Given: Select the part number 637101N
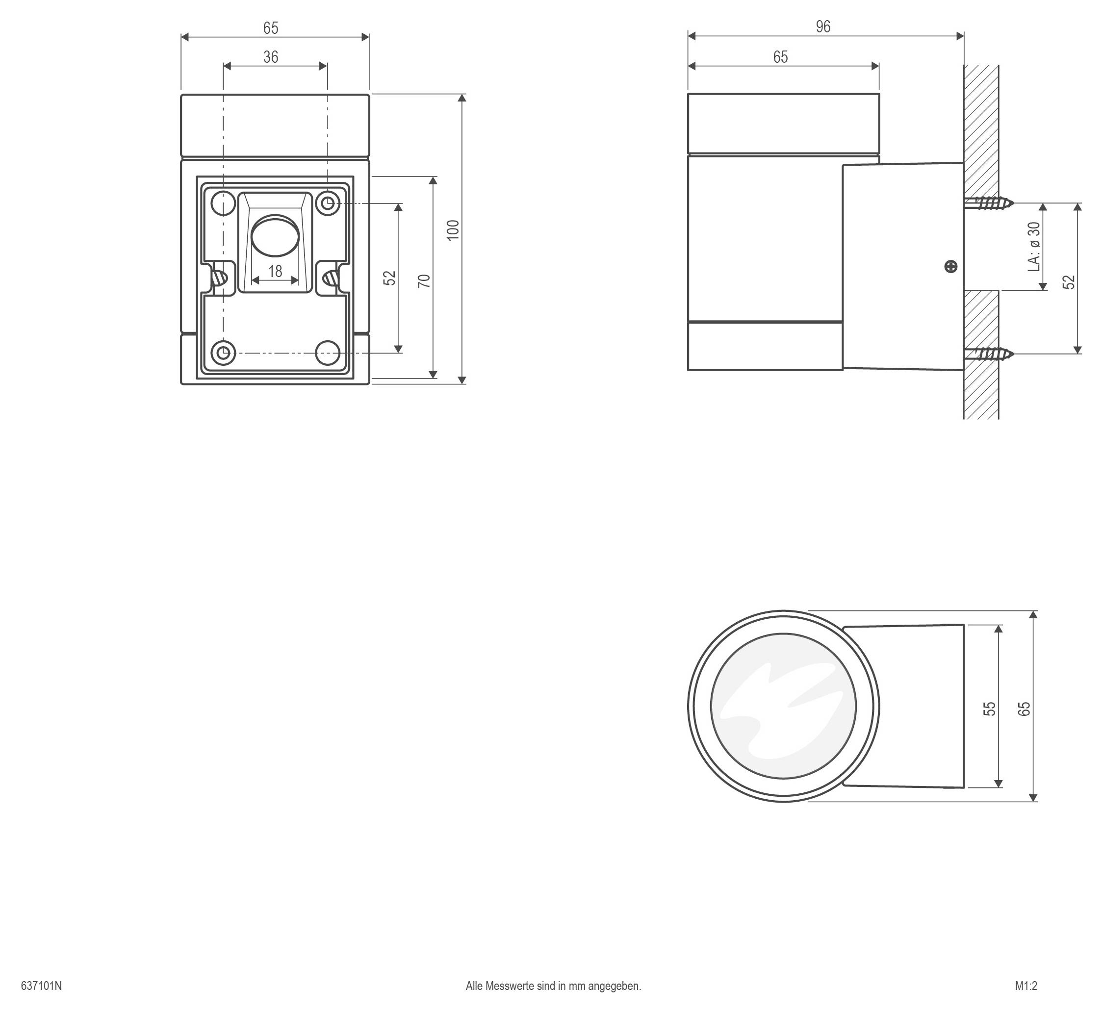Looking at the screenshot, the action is (42, 986).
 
